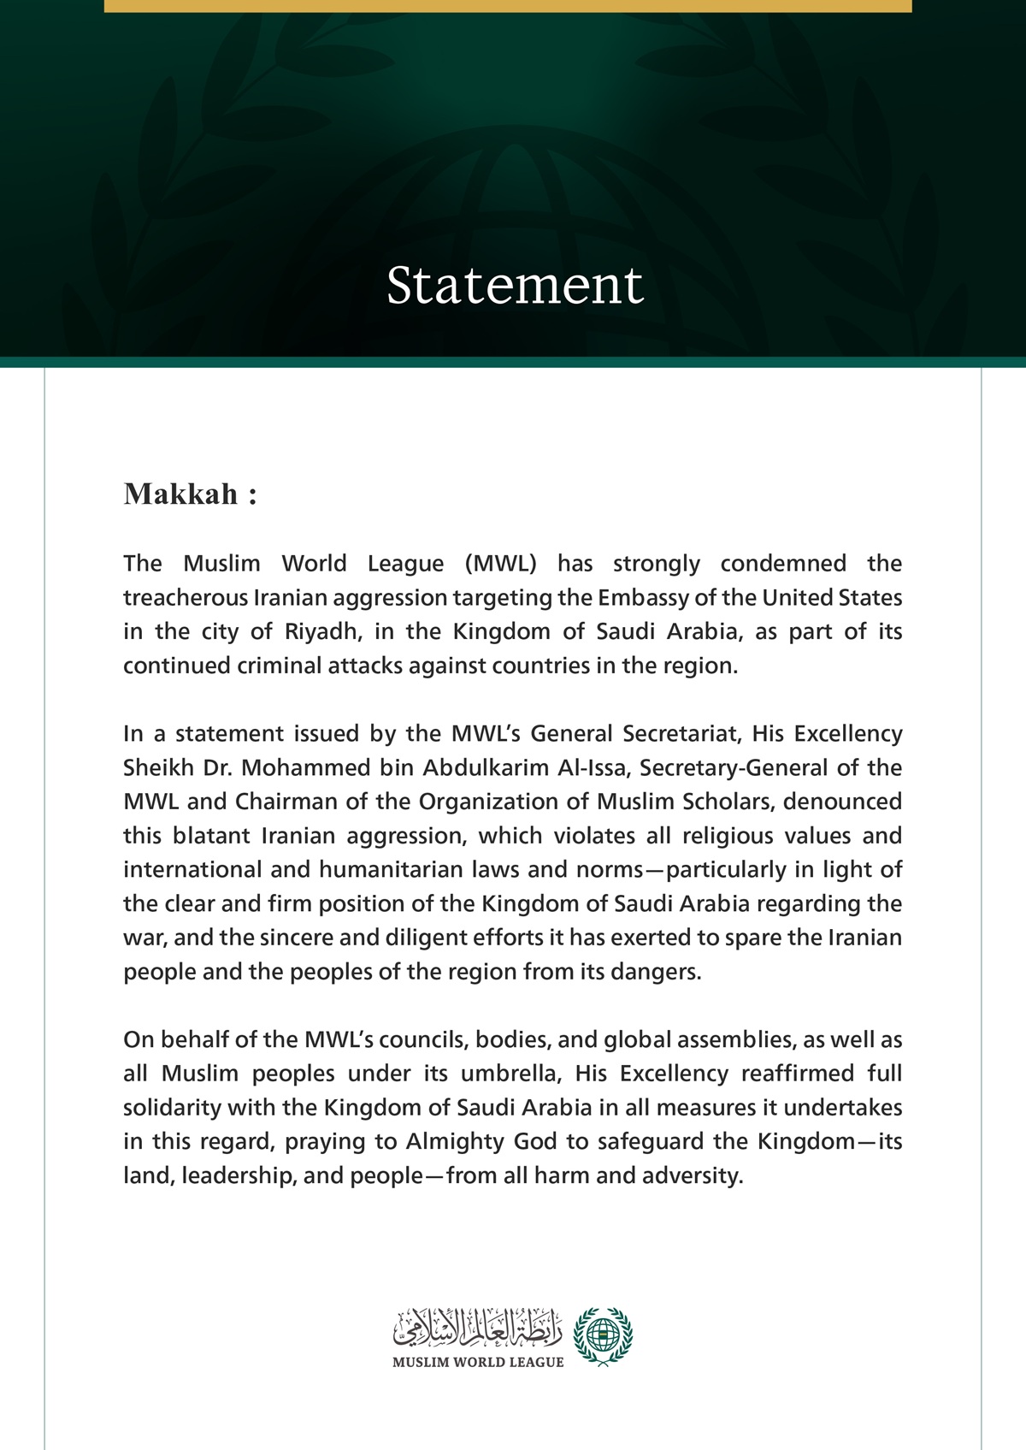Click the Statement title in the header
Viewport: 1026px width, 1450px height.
tap(515, 285)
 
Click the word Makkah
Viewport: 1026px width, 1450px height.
tap(181, 494)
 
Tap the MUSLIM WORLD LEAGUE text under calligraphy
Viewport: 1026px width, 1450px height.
tap(478, 1362)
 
